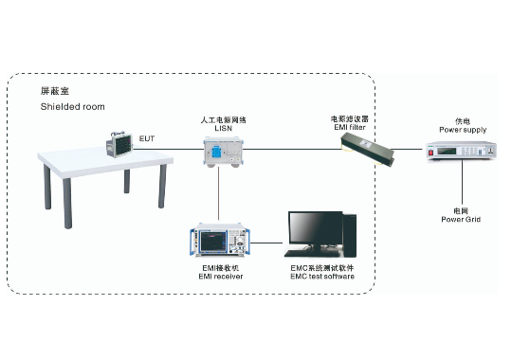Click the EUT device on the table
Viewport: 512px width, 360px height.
(119, 145)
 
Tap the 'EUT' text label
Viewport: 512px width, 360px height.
(147, 138)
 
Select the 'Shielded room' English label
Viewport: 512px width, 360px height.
(72, 107)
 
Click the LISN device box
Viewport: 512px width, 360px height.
(223, 152)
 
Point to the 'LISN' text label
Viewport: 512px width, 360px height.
(224, 128)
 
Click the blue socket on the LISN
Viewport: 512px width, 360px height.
(216, 152)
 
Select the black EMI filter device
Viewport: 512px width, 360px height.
(367, 151)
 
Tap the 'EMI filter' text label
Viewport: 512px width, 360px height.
(350, 127)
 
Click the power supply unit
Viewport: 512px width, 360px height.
(462, 151)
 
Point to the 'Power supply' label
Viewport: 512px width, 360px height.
(463, 130)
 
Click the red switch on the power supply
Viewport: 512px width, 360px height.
(430, 153)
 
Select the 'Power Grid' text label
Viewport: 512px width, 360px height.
(461, 220)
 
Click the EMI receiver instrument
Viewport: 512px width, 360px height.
(220, 240)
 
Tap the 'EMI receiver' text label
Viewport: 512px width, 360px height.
(221, 277)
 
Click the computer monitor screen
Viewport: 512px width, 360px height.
(316, 228)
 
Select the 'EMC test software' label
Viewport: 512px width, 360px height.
(322, 277)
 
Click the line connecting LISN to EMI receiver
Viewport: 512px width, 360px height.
(218, 194)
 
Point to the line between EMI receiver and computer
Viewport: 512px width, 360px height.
(266, 243)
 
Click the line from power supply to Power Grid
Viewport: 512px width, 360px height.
(462, 183)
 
